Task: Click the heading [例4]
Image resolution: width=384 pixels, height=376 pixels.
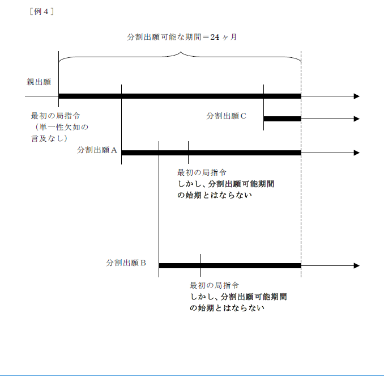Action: pyautogui.click(x=42, y=11)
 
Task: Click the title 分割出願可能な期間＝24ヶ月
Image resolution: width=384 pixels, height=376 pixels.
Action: pyautogui.click(x=182, y=37)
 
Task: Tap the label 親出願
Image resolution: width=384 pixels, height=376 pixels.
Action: pyautogui.click(x=39, y=82)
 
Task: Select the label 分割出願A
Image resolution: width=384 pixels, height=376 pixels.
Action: pyautogui.click(x=97, y=150)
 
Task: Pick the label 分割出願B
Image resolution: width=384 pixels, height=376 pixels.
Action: pyautogui.click(x=126, y=263)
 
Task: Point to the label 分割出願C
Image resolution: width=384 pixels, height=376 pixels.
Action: pyautogui.click(x=227, y=116)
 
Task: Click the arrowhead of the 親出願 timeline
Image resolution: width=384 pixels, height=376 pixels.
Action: pyautogui.click(x=357, y=96)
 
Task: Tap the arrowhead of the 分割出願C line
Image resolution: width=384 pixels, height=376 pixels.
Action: pyautogui.click(x=357, y=119)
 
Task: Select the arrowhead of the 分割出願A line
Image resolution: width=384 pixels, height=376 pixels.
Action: pyautogui.click(x=357, y=153)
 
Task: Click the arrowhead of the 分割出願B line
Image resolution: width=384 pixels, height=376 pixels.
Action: pyautogui.click(x=357, y=265)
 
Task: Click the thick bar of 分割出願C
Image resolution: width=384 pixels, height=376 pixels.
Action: pyautogui.click(x=283, y=119)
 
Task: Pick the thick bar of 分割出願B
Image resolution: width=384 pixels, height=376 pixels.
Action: pyautogui.click(x=230, y=265)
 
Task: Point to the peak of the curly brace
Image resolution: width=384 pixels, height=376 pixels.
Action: pyautogui.click(x=181, y=52)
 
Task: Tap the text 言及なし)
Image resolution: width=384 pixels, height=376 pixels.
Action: pyautogui.click(x=49, y=138)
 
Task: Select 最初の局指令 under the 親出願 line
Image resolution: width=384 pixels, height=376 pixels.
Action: pyautogui.click(x=56, y=116)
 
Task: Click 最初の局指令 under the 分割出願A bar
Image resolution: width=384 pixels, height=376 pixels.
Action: pyautogui.click(x=202, y=172)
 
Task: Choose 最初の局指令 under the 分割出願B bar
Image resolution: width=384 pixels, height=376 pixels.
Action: pyautogui.click(x=214, y=285)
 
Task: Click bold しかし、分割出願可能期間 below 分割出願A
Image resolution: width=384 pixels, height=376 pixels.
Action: pyautogui.click(x=226, y=184)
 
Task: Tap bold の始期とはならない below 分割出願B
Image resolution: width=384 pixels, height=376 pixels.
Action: pyautogui.click(x=227, y=308)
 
